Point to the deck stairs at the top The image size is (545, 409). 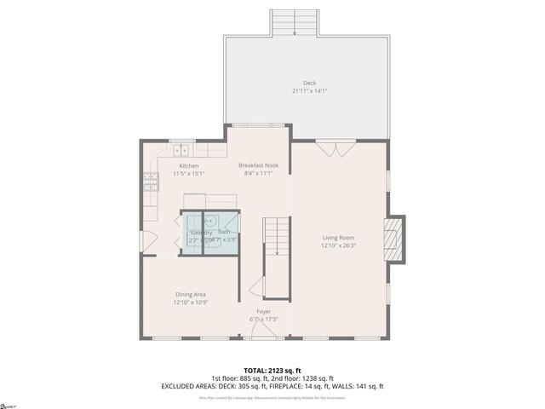click(295, 22)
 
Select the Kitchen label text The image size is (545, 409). click(189, 165)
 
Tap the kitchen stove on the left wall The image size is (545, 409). click(151, 180)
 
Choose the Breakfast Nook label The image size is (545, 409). click(258, 165)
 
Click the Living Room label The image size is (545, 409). click(338, 238)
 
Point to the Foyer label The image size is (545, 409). click(264, 312)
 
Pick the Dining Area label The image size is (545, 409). click(191, 294)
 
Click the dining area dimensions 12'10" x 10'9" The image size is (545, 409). click(191, 302)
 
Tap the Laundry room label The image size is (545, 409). click(201, 233)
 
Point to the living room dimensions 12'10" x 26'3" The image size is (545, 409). click(338, 245)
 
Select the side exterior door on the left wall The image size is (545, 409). click(143, 241)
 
